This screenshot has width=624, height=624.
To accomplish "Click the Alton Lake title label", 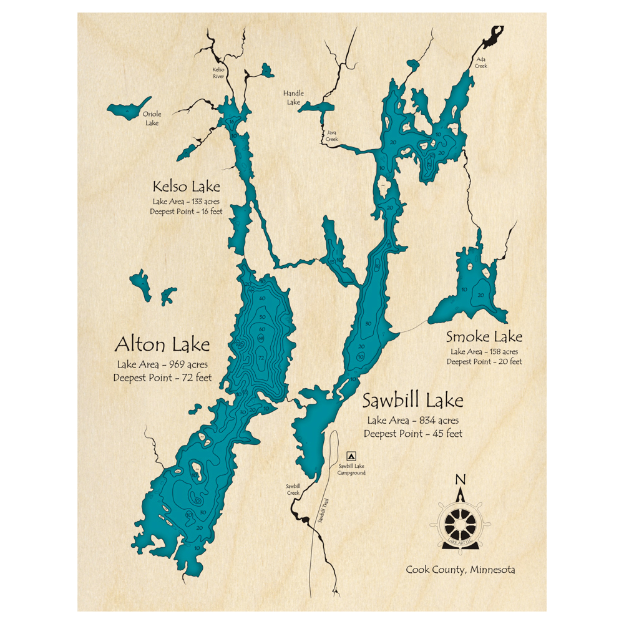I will coord(162,344).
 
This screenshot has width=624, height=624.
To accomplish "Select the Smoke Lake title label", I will coord(484,338).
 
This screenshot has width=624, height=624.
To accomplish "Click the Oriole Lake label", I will coord(151,119).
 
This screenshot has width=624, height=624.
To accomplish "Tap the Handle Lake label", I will coord(293,97).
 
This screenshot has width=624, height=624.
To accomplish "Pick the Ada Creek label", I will coord(481,62).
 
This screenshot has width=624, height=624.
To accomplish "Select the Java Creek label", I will coord(331,135).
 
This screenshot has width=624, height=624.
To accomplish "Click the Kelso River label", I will coord(218,73).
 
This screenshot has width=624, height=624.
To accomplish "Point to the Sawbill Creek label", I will coord(293,489).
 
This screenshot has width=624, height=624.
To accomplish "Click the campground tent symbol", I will coord(351,456).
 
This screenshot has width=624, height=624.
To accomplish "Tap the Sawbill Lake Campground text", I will coord(351,469).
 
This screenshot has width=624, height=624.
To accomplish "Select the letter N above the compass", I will coord(461,479).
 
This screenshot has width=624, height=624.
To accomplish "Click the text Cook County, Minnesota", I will coord(461,570).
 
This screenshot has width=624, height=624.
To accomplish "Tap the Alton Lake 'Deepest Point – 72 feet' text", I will coord(162,378).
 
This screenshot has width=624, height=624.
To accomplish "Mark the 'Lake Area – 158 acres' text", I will coord(484,352).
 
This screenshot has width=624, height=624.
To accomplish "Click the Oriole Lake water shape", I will coord(128,110).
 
